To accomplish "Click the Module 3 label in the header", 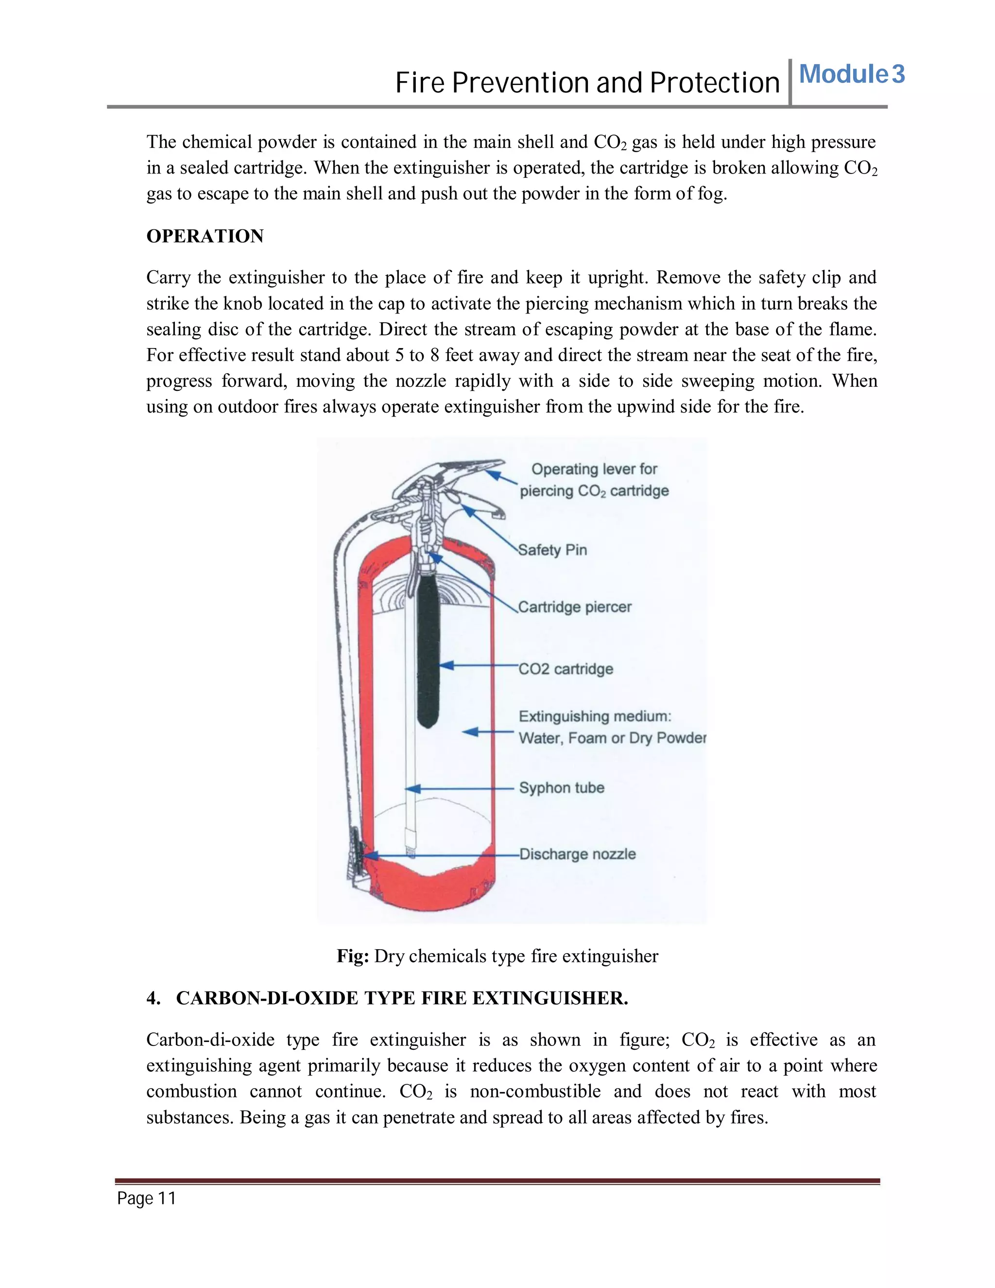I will pyautogui.click(x=851, y=74).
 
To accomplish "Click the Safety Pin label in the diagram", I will pyautogui.click(x=552, y=550).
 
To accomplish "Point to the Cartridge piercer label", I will pyautogui.click(x=575, y=607).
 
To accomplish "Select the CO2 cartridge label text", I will pyautogui.click(x=566, y=669).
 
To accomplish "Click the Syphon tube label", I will pyautogui.click(x=561, y=788).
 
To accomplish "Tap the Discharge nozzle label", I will pyautogui.click(x=577, y=854).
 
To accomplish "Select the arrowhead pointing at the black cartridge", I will pyautogui.click(x=446, y=665).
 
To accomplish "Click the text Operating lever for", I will pyautogui.click(x=594, y=469).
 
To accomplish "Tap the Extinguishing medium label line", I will pyautogui.click(x=594, y=716).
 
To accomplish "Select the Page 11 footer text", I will pyautogui.click(x=146, y=1199).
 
